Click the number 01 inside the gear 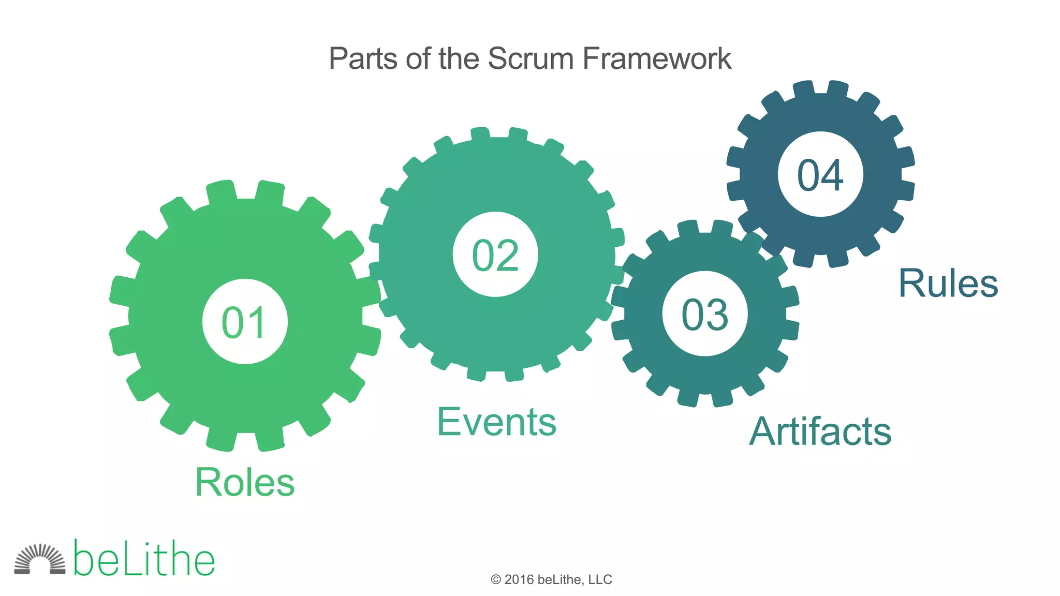coord(244,322)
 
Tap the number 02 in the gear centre coord(495,255)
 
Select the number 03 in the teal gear coord(705,315)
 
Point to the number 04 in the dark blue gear coord(820,175)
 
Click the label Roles coord(245,482)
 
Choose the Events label coord(497,422)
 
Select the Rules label coord(948,284)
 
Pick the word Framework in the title coord(657,58)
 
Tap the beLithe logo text coord(144,559)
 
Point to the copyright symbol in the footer coord(496,580)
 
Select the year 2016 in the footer coord(519,579)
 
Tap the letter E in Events coord(449,422)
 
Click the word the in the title coord(460,58)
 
